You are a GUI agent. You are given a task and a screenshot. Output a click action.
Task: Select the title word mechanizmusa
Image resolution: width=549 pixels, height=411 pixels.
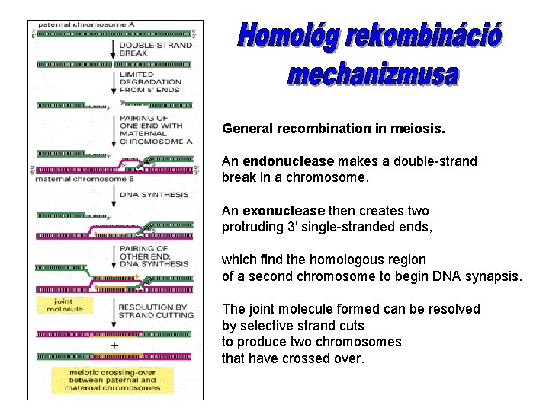(374, 75)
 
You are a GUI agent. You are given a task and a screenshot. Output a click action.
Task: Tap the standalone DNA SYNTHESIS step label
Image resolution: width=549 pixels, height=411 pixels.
(154, 195)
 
